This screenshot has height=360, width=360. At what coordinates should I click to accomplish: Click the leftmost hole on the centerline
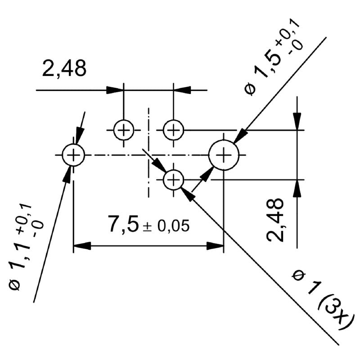pyautogui.click(x=73, y=155)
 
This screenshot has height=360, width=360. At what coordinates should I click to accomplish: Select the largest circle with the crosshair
pyautogui.click(x=223, y=155)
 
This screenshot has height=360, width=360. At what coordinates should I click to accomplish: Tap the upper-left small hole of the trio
pyautogui.click(x=123, y=130)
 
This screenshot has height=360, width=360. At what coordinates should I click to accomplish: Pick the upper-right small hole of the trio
pyautogui.click(x=173, y=130)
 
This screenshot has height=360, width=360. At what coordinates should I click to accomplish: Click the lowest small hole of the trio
pyautogui.click(x=173, y=180)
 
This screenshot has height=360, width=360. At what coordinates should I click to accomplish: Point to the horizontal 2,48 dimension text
pyautogui.click(x=64, y=69)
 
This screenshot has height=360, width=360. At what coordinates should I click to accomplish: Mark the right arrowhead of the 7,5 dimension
pyautogui.click(x=215, y=246)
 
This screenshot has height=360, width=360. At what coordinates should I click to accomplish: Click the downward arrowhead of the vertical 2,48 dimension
pyautogui.click(x=297, y=121)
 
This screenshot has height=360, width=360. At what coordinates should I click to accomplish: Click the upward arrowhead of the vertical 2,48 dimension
pyautogui.click(x=297, y=189)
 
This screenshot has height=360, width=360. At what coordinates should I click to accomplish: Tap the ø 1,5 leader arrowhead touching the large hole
pyautogui.click(x=240, y=136)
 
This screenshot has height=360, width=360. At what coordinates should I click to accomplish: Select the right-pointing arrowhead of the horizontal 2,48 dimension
pyautogui.click(x=115, y=90)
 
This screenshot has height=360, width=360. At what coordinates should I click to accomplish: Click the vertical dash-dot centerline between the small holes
pyautogui.click(x=148, y=135)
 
